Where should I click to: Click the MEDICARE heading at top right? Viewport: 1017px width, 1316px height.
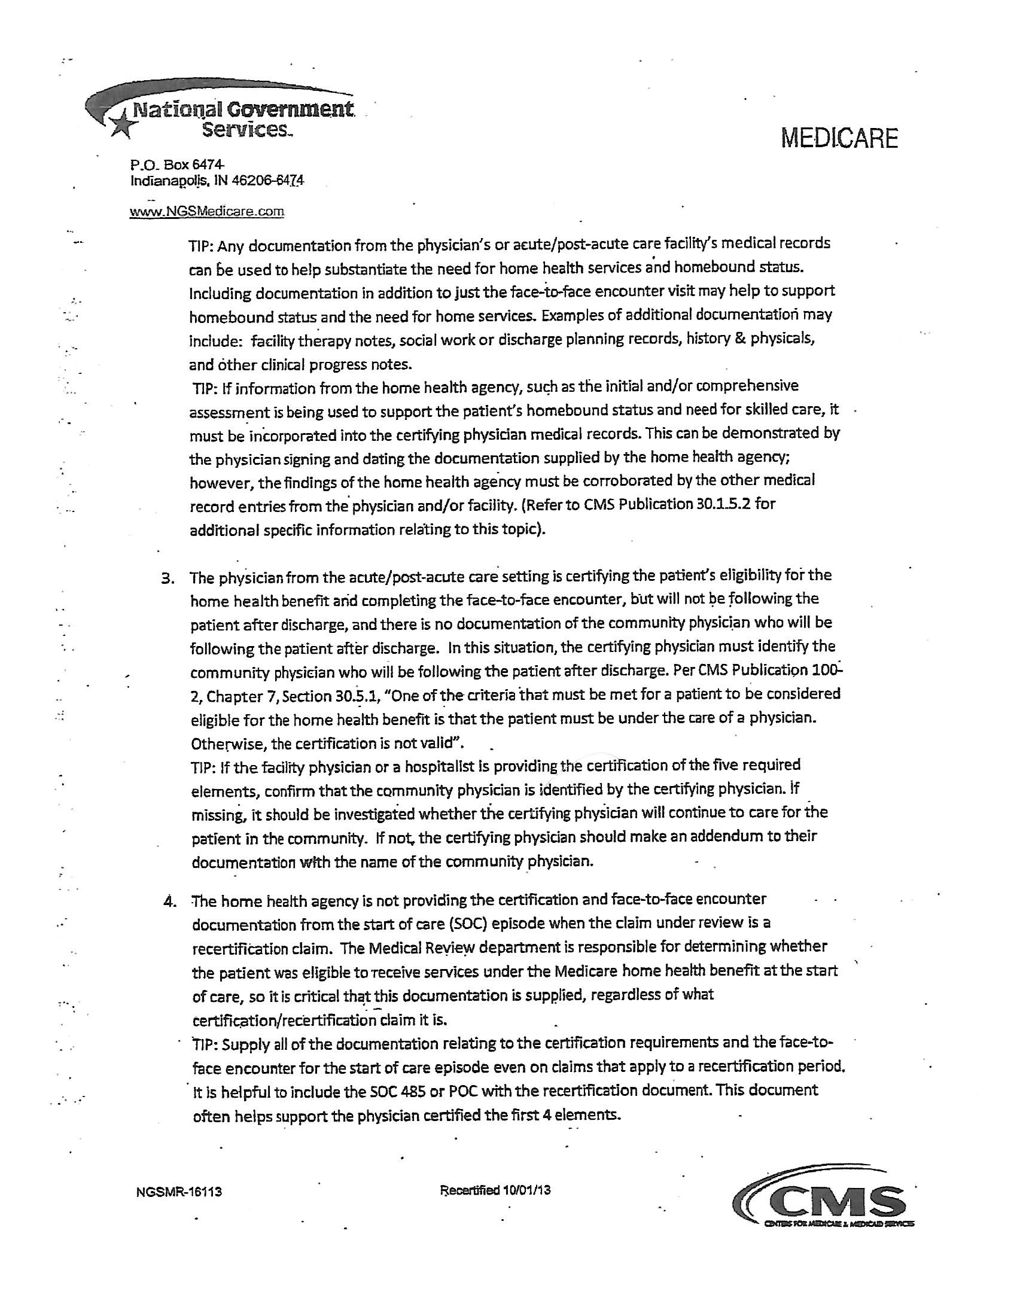[x=839, y=139]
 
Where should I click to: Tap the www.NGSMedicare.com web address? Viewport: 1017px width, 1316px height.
[x=207, y=212]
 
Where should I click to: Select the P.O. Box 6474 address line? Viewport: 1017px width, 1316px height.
[x=178, y=164]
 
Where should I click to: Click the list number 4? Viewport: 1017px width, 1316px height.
[x=169, y=902]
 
